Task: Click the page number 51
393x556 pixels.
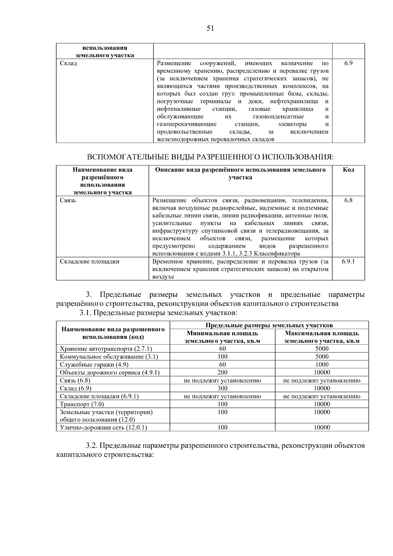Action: point(210,29)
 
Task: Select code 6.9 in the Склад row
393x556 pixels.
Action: point(348,63)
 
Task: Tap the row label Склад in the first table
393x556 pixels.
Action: point(68,63)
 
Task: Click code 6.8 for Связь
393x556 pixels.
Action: point(348,200)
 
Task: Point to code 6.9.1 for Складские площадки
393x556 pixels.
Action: point(348,261)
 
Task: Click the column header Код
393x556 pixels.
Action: point(348,170)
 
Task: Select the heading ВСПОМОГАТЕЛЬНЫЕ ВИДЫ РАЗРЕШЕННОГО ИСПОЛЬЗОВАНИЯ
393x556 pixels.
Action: point(210,157)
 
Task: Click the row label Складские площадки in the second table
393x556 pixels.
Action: point(89,261)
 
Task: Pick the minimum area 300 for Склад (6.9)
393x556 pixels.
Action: point(222,388)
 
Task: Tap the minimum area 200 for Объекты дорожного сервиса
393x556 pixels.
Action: point(222,373)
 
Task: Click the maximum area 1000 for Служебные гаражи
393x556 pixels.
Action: point(322,365)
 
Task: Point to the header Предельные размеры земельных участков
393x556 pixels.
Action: point(269,325)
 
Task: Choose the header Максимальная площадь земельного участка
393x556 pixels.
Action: point(322,337)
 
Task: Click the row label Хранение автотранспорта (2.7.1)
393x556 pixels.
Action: point(106,349)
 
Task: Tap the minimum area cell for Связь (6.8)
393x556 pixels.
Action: point(222,380)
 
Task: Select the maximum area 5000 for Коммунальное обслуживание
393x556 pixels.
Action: point(322,357)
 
